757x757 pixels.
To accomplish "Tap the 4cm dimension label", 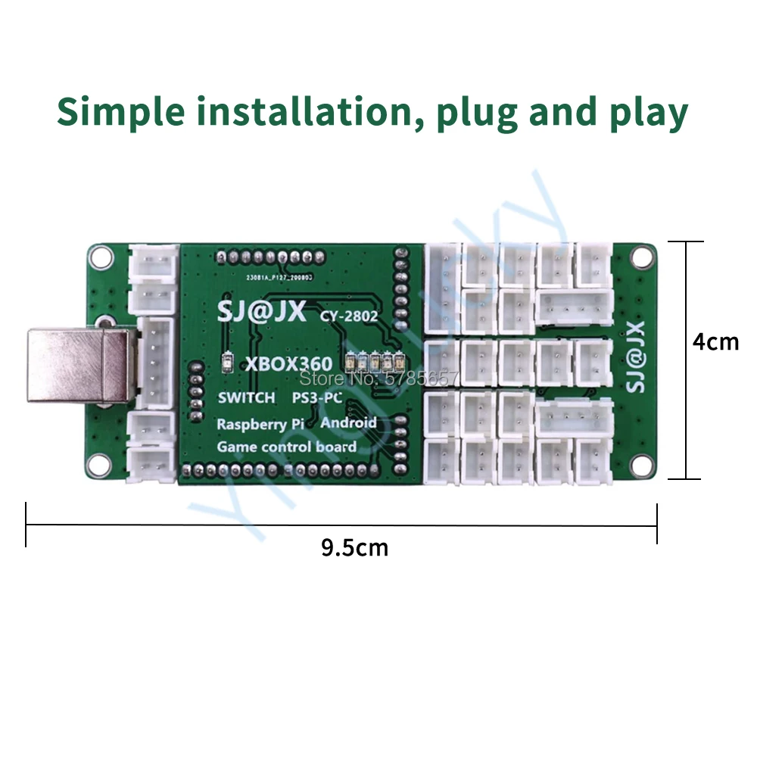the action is click(715, 341).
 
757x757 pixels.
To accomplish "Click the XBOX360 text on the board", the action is click(288, 364).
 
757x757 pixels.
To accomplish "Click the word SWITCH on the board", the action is click(246, 398).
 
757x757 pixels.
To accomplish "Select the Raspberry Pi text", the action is click(261, 424).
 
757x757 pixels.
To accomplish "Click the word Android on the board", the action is click(348, 422).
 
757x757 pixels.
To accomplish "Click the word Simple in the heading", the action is click(121, 111).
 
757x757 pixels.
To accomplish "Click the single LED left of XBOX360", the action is click(227, 362).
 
